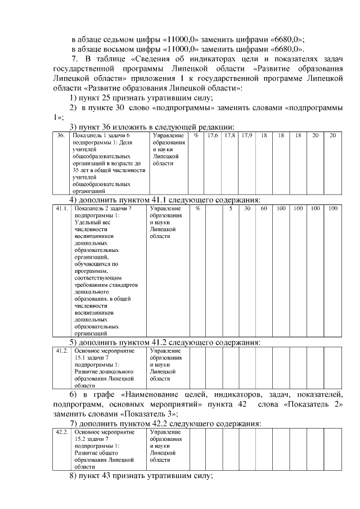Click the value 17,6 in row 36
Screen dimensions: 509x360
coord(213,136)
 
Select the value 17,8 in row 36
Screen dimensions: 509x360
coord(229,136)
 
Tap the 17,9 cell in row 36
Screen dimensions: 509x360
coord(246,136)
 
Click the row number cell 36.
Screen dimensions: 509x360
coord(61,136)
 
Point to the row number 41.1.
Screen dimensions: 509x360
coord(61,209)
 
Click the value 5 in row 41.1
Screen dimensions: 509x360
coord(230,209)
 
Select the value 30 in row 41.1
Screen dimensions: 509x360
coord(247,209)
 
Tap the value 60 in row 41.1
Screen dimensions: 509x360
coord(263,209)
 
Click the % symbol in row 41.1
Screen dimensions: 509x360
coord(197,209)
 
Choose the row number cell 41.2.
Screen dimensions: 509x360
coord(61,350)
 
